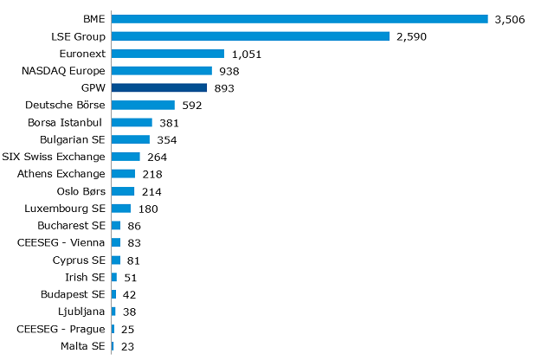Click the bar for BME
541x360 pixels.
click(x=299, y=18)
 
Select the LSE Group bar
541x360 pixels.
click(x=251, y=35)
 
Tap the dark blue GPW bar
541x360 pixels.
click(x=159, y=87)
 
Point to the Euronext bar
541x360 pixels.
click(x=168, y=53)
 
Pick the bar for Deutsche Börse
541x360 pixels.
click(x=143, y=105)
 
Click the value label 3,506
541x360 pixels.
click(x=510, y=19)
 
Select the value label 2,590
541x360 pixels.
click(x=411, y=36)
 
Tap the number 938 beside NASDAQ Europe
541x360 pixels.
click(x=228, y=71)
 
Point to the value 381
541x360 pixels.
click(x=169, y=123)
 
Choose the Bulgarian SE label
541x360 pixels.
click(x=73, y=139)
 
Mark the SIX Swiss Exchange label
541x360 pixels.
click(x=54, y=157)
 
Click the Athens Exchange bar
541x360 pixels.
click(x=123, y=174)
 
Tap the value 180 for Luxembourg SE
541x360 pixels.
click(x=148, y=209)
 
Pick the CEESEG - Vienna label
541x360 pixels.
click(x=61, y=243)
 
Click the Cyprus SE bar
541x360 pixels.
click(x=116, y=260)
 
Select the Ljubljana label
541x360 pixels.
click(x=82, y=312)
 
